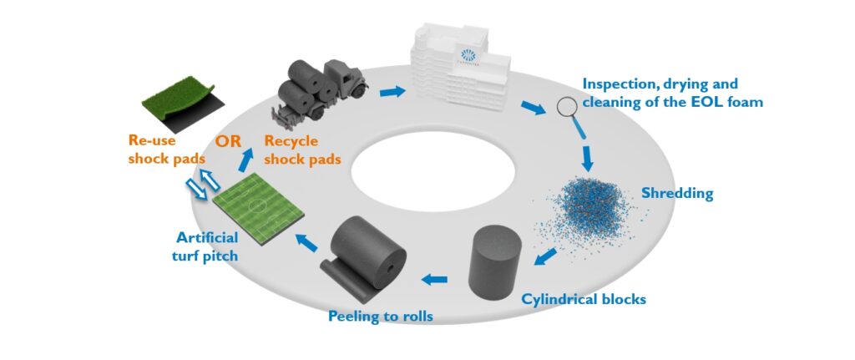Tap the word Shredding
[x=676, y=194]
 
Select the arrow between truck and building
[x=391, y=89]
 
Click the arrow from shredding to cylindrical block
[x=548, y=253]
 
